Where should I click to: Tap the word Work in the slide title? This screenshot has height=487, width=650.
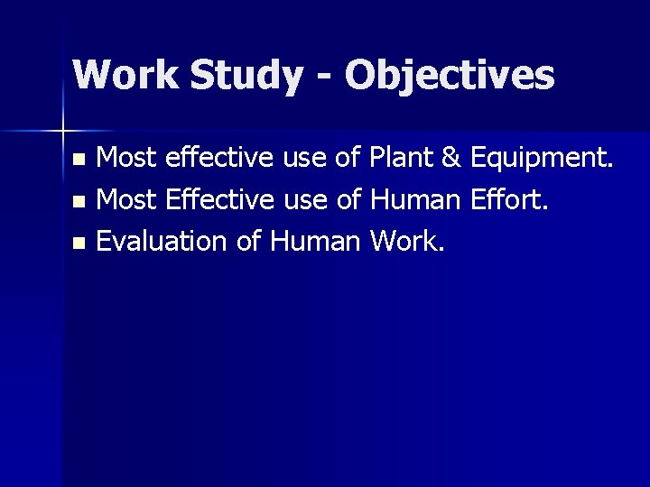[x=125, y=76]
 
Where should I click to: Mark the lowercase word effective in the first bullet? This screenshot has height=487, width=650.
[x=211, y=161]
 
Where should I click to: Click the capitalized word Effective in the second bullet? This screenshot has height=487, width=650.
[x=212, y=200]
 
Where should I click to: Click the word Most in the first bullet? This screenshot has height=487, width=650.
[x=126, y=161]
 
